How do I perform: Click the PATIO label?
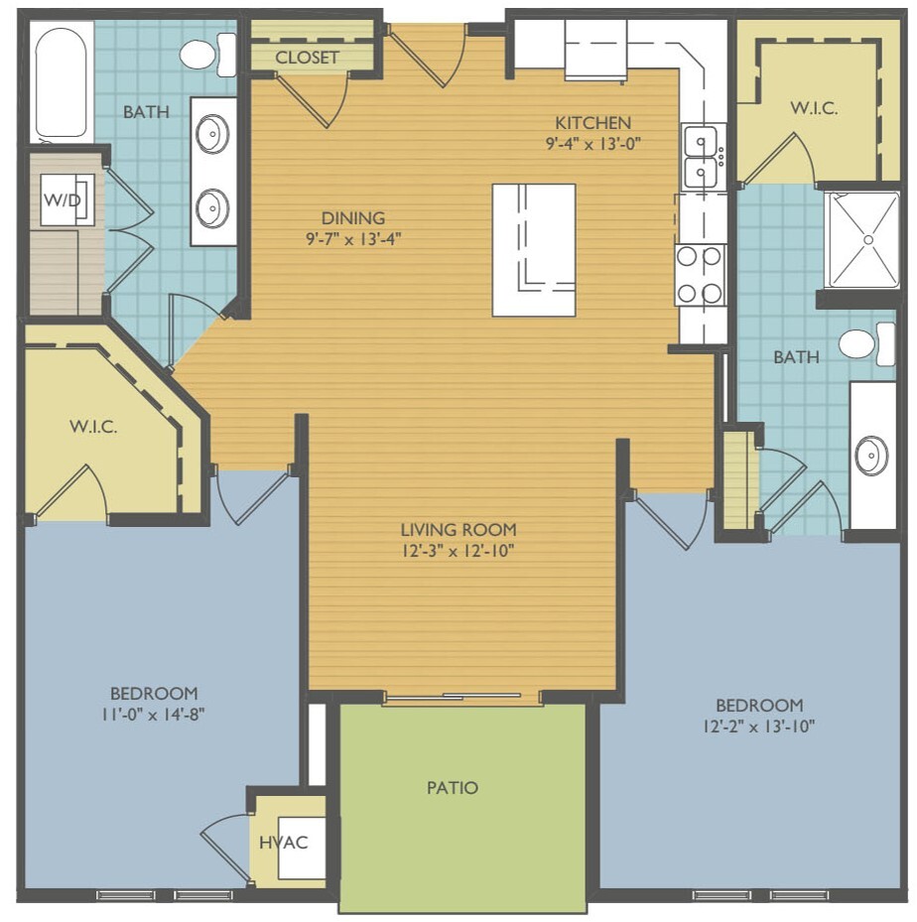coord(452,787)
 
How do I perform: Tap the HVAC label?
coord(283,842)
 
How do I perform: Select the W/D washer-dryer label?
coord(63,199)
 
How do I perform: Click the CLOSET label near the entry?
coord(307,57)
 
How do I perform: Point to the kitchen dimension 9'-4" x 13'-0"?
coord(592,144)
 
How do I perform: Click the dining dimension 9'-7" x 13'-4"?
coord(353,239)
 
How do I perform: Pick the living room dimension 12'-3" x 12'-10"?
coord(458,551)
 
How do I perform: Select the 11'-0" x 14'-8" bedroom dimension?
coord(153,714)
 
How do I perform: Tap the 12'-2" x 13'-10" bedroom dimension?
coord(759,725)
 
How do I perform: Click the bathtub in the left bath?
coord(62,81)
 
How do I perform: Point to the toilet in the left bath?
coord(206,55)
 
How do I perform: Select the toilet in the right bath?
coord(866,344)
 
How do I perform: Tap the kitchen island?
coord(534,250)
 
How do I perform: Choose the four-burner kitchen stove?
coord(700,275)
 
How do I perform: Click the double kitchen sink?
coord(701,157)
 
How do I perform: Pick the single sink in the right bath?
coord(871,456)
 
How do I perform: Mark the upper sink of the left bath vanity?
coord(212,133)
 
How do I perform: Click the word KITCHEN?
coord(593,122)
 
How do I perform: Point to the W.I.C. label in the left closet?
coord(93,426)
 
